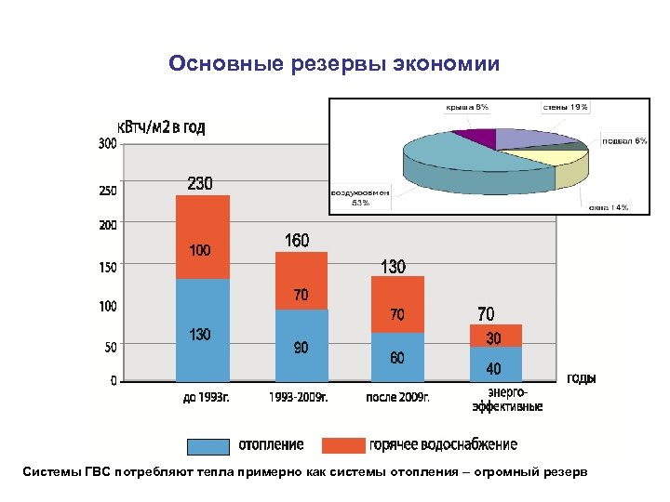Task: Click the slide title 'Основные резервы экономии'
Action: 334,64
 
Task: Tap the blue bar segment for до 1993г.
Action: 202,330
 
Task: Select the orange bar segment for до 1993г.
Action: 202,237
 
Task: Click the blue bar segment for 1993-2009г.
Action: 300,345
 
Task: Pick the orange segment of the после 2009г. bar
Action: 397,305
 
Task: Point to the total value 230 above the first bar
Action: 200,183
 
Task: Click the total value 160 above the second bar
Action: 296,241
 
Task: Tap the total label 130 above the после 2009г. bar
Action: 393,267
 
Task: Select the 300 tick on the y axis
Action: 107,143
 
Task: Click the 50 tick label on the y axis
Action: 110,347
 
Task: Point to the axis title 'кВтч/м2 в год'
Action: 160,127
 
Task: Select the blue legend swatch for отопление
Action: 208,446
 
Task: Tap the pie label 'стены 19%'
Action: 566,108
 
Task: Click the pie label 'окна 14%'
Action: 609,207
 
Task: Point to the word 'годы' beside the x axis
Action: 582,378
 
